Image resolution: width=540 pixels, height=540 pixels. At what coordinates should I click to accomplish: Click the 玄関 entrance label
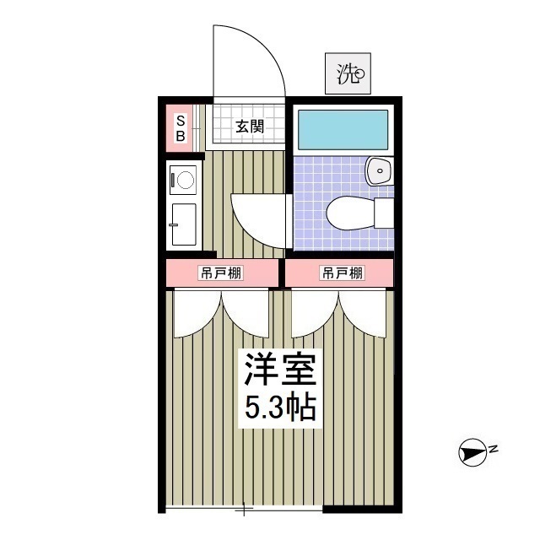click(249, 127)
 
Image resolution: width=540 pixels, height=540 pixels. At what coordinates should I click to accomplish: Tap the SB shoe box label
click(181, 127)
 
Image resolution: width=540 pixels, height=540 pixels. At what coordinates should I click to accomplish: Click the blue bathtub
click(343, 128)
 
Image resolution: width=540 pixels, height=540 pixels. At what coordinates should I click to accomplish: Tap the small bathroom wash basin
click(380, 171)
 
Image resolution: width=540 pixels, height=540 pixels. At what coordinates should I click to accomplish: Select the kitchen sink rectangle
click(183, 224)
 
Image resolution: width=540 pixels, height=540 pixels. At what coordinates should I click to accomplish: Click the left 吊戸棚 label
click(220, 273)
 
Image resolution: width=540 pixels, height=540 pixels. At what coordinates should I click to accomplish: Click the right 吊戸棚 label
click(342, 273)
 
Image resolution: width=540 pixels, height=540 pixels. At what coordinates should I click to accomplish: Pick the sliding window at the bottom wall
click(244, 508)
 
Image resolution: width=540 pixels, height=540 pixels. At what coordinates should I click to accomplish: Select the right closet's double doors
click(339, 314)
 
